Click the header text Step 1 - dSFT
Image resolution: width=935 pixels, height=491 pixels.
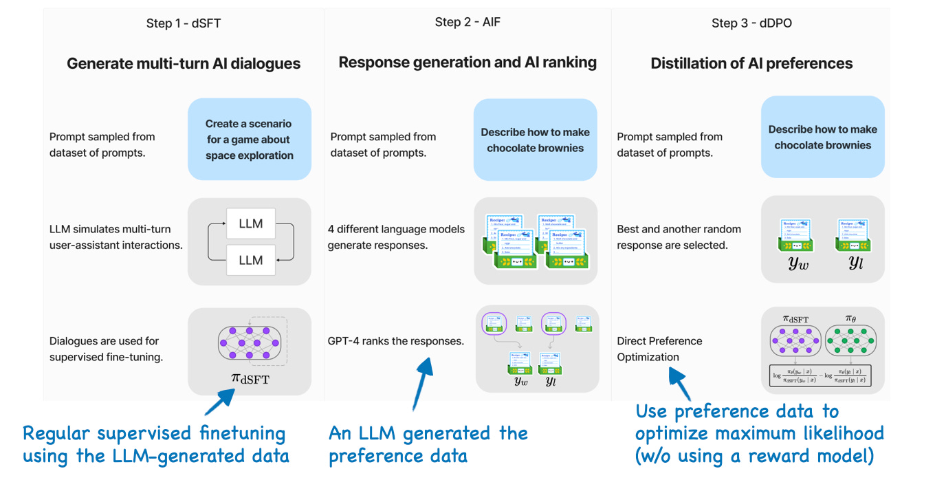(184, 23)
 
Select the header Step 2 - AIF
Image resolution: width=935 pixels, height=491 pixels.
(467, 23)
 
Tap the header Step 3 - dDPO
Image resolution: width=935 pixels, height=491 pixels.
(751, 23)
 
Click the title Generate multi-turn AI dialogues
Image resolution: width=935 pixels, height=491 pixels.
(184, 64)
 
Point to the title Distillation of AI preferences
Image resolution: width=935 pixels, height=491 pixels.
(751, 64)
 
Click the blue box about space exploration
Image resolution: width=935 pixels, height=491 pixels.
(249, 140)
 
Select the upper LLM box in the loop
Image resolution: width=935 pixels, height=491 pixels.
(250, 224)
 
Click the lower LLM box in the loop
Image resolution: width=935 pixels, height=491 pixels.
(250, 260)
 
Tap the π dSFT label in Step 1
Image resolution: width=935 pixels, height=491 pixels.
(249, 378)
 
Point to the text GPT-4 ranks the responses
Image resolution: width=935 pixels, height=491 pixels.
(396, 340)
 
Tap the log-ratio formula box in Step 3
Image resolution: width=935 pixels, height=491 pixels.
(820, 375)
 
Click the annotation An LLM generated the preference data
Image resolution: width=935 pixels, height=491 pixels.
(428, 444)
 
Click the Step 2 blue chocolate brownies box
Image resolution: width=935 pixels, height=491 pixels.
(535, 140)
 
